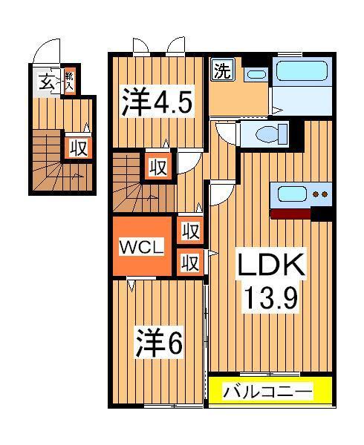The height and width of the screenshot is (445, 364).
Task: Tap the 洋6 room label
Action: coord(159,342)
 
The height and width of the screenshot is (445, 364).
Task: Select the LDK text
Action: coord(270,266)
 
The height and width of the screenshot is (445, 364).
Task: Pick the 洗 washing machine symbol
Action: coord(221,72)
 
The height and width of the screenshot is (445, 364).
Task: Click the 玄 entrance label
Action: coord(46,82)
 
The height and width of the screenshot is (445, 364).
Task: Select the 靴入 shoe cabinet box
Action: coord(69,81)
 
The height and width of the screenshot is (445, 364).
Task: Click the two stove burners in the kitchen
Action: coord(320,195)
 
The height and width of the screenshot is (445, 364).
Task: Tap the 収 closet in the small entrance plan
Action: coord(77,147)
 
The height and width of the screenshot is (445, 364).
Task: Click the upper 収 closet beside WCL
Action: coord(189,231)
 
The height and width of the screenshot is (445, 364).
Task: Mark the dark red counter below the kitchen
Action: coord(290,214)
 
